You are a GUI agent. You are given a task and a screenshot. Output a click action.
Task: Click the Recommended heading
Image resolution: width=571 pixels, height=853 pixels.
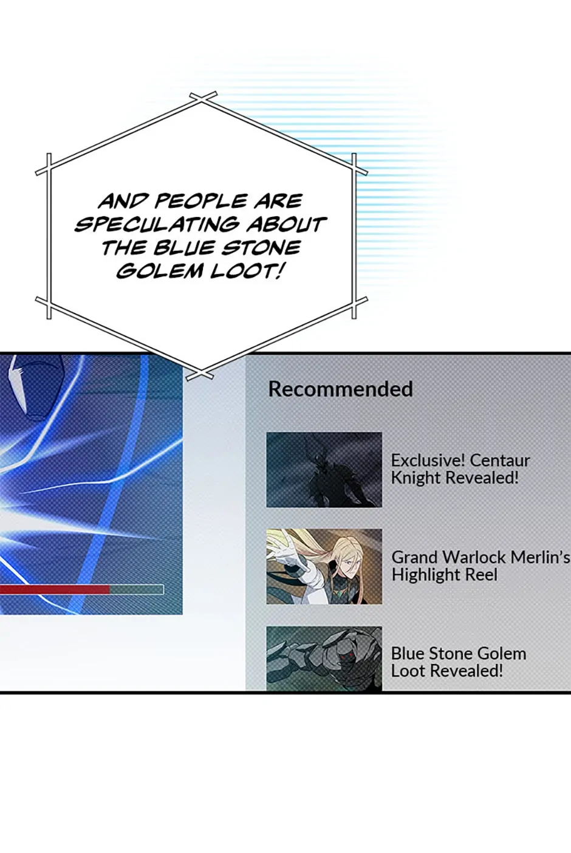pyautogui.click(x=340, y=389)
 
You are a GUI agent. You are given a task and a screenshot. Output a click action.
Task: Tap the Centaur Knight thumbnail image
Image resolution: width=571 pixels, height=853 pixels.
pyautogui.click(x=324, y=470)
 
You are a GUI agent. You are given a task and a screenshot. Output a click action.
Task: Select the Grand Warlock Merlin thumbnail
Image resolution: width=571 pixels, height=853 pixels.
pyautogui.click(x=324, y=566)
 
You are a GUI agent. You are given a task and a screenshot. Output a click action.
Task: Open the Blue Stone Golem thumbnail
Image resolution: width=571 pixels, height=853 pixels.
pyautogui.click(x=324, y=658)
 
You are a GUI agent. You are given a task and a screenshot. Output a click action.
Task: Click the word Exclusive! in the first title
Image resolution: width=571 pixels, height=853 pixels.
pyautogui.click(x=422, y=461)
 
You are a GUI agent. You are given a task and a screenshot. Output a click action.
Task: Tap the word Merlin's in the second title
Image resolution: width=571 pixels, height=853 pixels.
pyautogui.click(x=539, y=558)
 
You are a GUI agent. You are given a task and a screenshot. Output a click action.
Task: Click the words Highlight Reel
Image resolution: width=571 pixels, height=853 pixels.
pyautogui.click(x=444, y=575)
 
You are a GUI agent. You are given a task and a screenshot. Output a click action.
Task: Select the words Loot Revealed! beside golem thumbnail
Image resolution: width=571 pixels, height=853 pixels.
pyautogui.click(x=447, y=671)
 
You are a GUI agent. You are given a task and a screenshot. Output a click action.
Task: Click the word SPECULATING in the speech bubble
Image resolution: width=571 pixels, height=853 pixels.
pyautogui.click(x=157, y=225)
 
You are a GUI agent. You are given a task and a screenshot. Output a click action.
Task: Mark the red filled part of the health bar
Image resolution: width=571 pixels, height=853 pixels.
pyautogui.click(x=55, y=590)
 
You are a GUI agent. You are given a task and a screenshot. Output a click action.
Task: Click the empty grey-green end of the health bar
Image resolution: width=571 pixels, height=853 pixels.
pyautogui.click(x=137, y=590)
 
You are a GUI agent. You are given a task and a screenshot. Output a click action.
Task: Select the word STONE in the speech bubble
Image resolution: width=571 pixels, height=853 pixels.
pyautogui.click(x=261, y=248)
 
